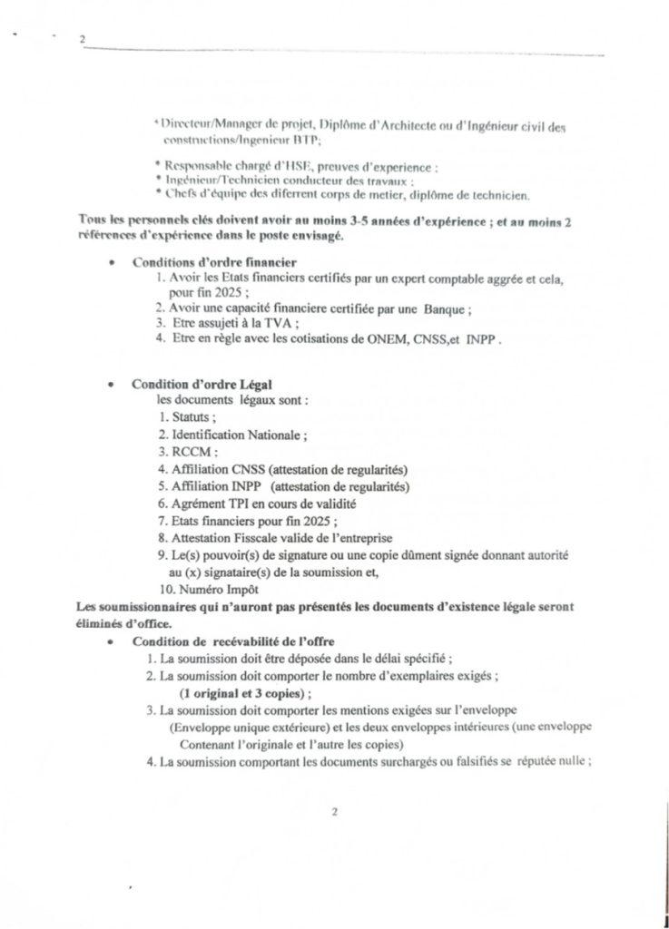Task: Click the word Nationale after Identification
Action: [271, 435]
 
